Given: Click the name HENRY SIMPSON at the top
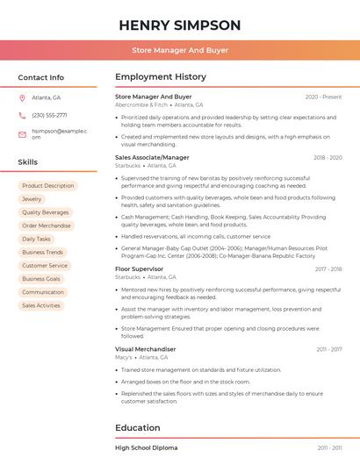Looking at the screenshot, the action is click(x=179, y=24).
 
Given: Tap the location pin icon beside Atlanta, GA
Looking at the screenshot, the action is click(x=21, y=97).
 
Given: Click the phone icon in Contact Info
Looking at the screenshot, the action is click(x=21, y=115).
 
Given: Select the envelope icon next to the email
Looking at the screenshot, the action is click(x=21, y=133).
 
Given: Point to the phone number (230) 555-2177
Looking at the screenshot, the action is click(x=49, y=115).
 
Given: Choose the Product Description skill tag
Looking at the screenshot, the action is click(x=47, y=186).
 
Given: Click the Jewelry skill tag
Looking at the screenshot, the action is click(x=32, y=199).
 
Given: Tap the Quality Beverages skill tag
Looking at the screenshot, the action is click(x=45, y=212).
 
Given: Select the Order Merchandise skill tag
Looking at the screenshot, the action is click(x=47, y=225).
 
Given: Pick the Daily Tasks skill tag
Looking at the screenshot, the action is click(x=36, y=239).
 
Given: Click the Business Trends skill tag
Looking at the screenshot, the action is click(x=42, y=252).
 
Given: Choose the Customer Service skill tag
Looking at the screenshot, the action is click(x=44, y=265).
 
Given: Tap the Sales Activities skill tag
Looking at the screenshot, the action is click(x=41, y=305).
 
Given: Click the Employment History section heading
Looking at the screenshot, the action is click(x=161, y=77).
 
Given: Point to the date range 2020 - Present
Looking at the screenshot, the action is click(x=323, y=97).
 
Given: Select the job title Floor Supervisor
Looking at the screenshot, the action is click(x=139, y=268).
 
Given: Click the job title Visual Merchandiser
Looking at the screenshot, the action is click(x=145, y=348).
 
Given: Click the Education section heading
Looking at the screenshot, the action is click(x=137, y=427).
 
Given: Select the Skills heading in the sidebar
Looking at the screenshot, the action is click(x=27, y=162).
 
